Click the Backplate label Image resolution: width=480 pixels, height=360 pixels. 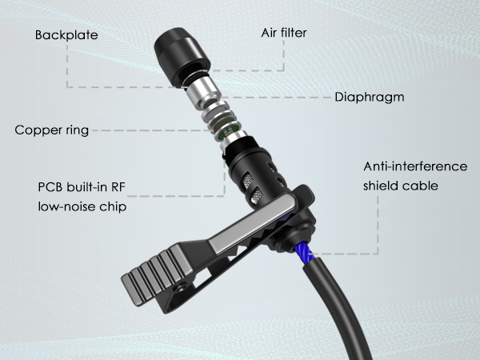coord(66,36)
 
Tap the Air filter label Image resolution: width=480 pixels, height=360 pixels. coord(284,33)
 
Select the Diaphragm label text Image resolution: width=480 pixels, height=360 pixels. coord(369,97)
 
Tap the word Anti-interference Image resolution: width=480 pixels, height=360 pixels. coord(415,166)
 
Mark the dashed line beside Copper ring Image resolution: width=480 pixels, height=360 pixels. coord(152,129)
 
